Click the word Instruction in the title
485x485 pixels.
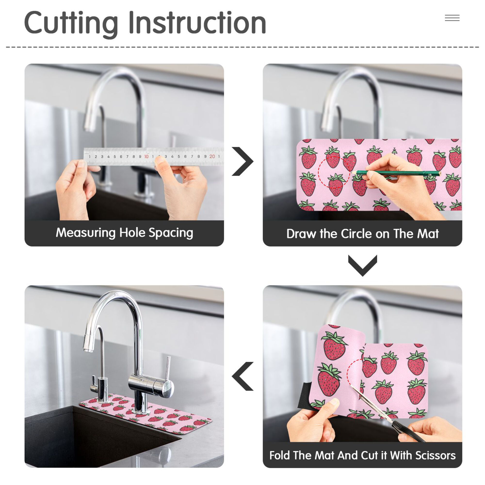click(x=197, y=23)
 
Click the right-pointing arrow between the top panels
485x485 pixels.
click(x=242, y=161)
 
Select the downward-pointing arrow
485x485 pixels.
click(x=363, y=266)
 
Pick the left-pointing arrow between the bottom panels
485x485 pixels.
click(x=242, y=376)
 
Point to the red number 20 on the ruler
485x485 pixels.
click(x=212, y=156)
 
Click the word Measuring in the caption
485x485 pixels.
click(x=86, y=233)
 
